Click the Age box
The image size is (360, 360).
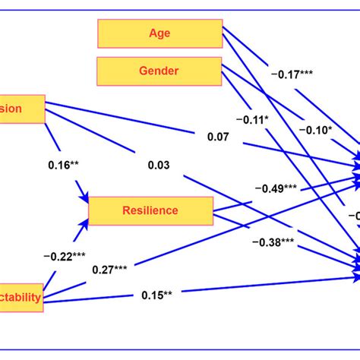pyautogui.click(x=159, y=33)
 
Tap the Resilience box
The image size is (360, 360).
pyautogui.click(x=150, y=211)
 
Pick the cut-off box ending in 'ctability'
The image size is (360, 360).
pyautogui.click(x=21, y=296)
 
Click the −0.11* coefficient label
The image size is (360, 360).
pyautogui.click(x=257, y=119)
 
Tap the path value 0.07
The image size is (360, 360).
pyautogui.click(x=218, y=138)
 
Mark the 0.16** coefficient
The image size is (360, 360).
pyautogui.click(x=64, y=165)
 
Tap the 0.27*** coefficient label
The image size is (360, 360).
pyautogui.click(x=110, y=269)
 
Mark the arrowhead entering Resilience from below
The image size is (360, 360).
pyautogui.click(x=83, y=223)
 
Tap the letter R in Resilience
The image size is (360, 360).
pyautogui.click(x=126, y=211)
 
